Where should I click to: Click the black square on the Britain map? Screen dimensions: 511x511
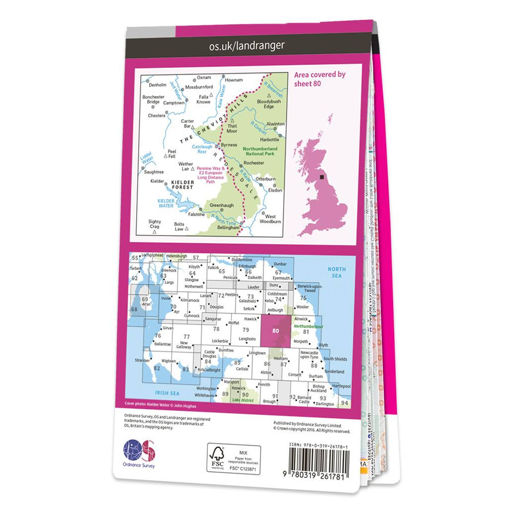tap(321, 175)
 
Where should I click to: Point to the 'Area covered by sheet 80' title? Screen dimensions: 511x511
tap(320, 79)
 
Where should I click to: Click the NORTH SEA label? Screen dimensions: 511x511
tap(336, 272)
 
